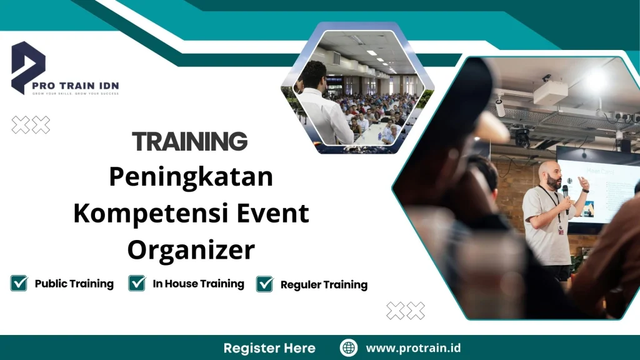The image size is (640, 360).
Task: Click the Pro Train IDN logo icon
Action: tap(28, 66)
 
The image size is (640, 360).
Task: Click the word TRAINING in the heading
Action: tap(190, 142)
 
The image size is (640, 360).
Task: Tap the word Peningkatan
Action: tap(191, 177)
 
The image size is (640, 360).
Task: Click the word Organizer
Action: tap(191, 250)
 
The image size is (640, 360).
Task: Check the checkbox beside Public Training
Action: tap(19, 284)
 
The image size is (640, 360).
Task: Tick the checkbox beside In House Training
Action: tap(137, 284)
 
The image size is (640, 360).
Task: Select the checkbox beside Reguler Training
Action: tap(265, 284)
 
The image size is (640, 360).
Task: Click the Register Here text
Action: tap(269, 348)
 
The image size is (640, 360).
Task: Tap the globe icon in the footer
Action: tap(348, 348)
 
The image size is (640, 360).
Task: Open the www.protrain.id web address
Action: tap(413, 348)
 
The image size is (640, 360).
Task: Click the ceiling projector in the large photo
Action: tap(550, 94)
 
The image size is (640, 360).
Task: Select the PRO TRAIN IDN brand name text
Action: tap(86, 85)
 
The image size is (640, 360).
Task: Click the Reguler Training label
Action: tap(324, 285)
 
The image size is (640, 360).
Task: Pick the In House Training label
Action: tap(198, 284)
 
